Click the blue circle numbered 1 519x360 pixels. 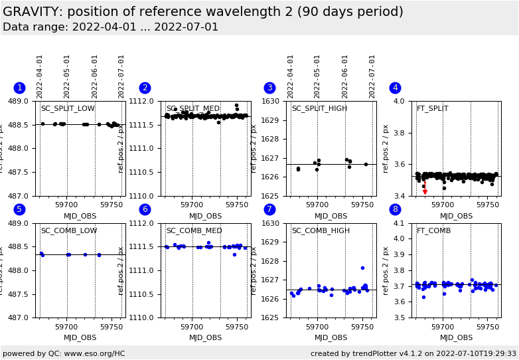[19, 88]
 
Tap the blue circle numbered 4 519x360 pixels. [395, 88]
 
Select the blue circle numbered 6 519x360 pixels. [145, 210]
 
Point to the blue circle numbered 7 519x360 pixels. [269, 210]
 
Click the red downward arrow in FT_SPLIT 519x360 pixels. [425, 191]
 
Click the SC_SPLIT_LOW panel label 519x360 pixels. [68, 109]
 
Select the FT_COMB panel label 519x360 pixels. [433, 231]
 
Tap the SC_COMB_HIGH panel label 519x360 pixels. [321, 231]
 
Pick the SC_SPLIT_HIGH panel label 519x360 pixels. [319, 109]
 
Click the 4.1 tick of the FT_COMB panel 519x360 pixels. [400, 224]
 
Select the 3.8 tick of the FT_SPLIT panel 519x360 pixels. [400, 133]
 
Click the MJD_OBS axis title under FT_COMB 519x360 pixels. [457, 338]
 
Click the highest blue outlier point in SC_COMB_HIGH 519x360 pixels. [362, 268]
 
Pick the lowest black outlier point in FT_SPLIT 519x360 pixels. [444, 188]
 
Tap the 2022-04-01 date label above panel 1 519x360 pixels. [40, 76]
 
